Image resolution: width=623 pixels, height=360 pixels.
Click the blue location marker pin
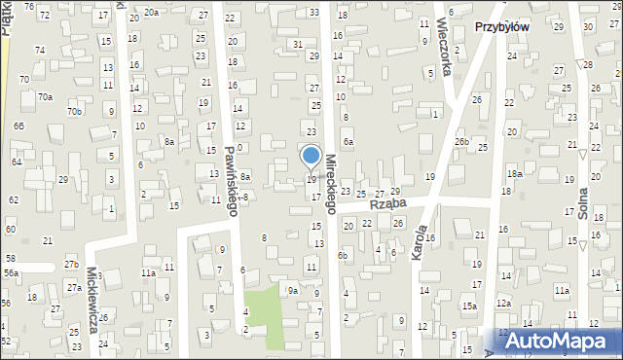pyautogui.click(x=311, y=157)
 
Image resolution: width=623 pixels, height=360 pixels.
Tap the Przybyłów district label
pyautogui.click(x=501, y=27)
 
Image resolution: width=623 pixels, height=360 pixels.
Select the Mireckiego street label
pyautogui.click(x=331, y=184)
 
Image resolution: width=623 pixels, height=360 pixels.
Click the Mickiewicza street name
pyautogui.click(x=94, y=301)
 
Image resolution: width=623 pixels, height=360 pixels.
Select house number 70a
pyautogui.click(x=45, y=96)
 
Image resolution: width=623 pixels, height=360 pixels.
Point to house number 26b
pyautogui.click(x=461, y=142)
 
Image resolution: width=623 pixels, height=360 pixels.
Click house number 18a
pyautogui.click(x=514, y=173)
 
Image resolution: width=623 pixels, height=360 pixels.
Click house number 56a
pyautogui.click(x=10, y=274)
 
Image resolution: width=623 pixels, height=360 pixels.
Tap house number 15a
pyautogui.click(x=469, y=306)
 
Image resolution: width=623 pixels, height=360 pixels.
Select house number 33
pyautogui.click(x=312, y=13)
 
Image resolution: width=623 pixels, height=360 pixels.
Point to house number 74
pyautogui.click(x=40, y=50)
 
